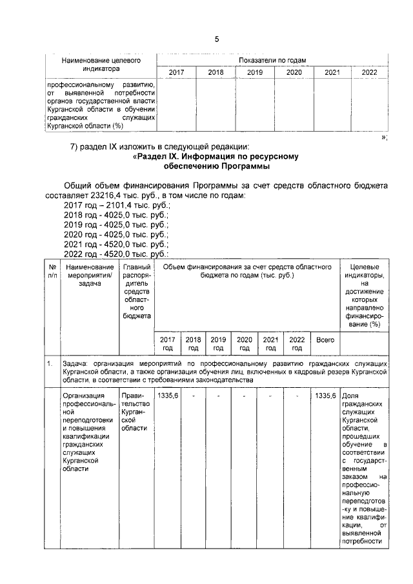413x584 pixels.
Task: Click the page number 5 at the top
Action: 217,39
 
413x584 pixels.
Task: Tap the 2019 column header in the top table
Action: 255,73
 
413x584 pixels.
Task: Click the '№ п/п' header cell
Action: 51,271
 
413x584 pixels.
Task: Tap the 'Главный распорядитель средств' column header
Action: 136,291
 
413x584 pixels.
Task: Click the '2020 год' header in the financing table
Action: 245,343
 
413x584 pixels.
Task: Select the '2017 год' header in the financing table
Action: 167,343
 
